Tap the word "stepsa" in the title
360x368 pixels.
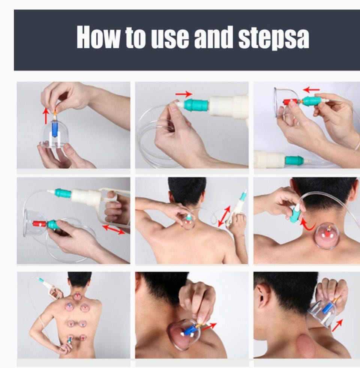(274, 38)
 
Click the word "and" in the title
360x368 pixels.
(213, 37)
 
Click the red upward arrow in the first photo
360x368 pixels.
(46, 116)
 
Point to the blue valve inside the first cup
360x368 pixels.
(54, 129)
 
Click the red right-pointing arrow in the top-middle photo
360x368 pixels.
(184, 94)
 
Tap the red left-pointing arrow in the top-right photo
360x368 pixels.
(311, 89)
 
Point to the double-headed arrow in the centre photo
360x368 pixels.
(224, 216)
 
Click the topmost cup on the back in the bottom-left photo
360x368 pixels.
(76, 296)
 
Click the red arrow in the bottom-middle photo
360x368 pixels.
(209, 326)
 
